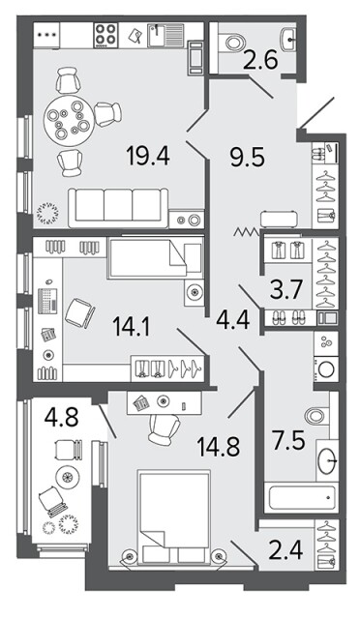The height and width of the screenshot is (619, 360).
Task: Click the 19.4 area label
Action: tap(148, 155)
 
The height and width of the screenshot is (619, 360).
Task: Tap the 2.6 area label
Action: tap(260, 60)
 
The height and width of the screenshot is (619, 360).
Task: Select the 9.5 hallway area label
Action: tap(247, 158)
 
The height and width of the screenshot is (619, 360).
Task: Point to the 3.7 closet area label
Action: tap(286, 289)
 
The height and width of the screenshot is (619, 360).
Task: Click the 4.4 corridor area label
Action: tap(233, 319)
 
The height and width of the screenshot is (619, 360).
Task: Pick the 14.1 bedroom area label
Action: tap(132, 327)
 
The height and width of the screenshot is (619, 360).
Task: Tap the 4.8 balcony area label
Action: tap(61, 417)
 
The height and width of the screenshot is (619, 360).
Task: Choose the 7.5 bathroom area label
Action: tap(288, 440)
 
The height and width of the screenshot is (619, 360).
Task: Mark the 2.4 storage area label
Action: tap(285, 550)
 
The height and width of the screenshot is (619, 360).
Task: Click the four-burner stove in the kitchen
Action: tap(105, 35)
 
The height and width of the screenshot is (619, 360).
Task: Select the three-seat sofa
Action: tap(118, 207)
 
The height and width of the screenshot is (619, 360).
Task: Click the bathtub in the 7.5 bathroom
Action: tap(302, 497)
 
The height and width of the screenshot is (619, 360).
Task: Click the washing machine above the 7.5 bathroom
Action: tap(326, 369)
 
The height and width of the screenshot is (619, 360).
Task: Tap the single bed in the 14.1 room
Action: tap(155, 258)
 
